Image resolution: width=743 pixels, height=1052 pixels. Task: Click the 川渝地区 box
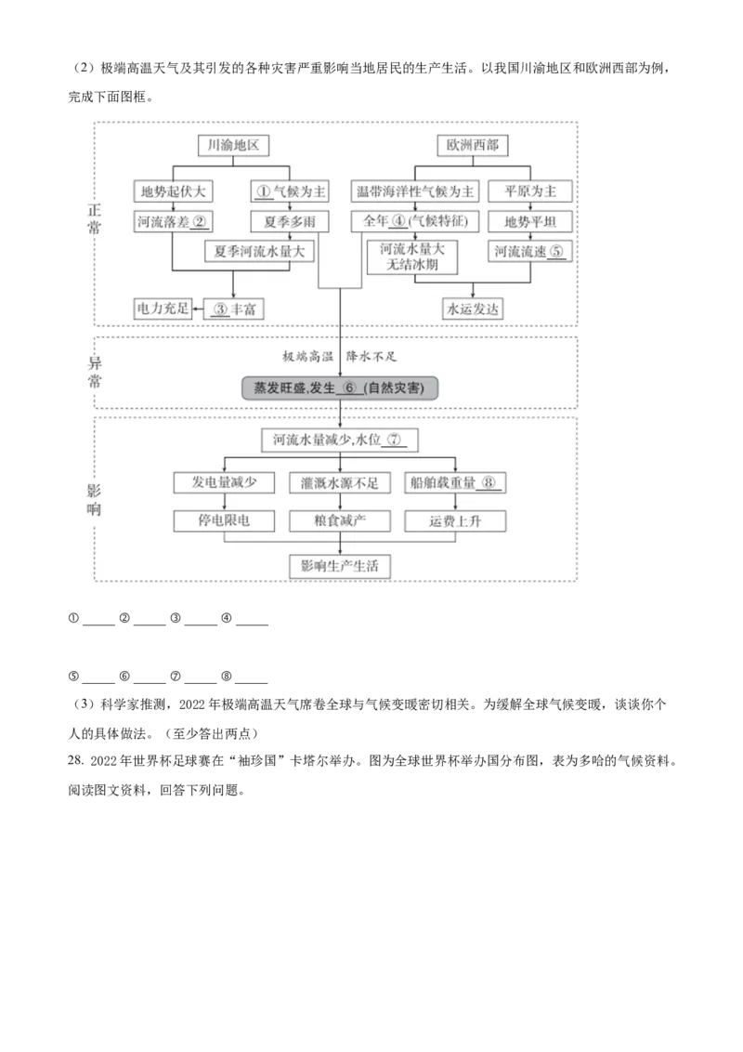[x=235, y=146]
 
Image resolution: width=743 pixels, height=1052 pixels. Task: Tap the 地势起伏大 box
[x=173, y=192]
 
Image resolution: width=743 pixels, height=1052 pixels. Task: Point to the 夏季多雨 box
[x=289, y=221]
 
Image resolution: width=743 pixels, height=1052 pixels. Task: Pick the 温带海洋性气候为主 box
[x=415, y=192]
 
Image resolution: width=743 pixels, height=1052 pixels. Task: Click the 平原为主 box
[x=530, y=192]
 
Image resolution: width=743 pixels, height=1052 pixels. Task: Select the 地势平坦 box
[x=530, y=221]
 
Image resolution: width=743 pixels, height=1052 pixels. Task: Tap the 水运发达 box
[x=474, y=309]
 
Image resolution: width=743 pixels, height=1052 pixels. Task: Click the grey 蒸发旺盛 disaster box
[x=339, y=388]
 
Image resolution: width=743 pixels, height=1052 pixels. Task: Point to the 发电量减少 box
[x=224, y=482]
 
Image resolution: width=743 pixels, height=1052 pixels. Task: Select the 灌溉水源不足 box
[x=340, y=482]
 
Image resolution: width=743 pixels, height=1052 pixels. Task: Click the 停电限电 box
[x=224, y=520]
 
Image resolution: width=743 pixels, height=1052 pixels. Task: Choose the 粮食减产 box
[x=340, y=520]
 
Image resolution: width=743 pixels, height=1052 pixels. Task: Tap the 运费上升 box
[x=455, y=520]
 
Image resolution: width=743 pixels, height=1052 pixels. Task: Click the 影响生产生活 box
[x=340, y=566]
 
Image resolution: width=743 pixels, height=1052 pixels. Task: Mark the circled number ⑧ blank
[x=491, y=482]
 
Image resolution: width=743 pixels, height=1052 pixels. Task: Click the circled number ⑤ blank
[x=556, y=251]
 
